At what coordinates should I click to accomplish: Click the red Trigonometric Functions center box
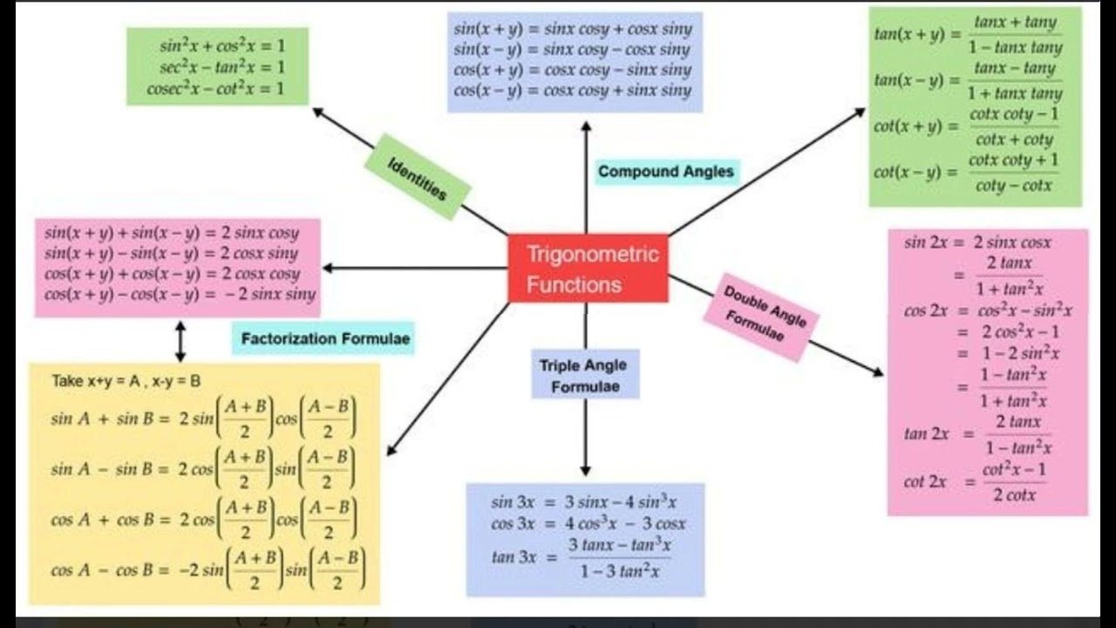588,269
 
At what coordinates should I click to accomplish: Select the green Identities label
418,178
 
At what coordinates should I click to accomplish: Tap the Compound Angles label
666,171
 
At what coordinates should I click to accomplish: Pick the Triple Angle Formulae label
582,375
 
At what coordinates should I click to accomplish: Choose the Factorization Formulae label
324,338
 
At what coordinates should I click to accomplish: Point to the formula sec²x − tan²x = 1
222,67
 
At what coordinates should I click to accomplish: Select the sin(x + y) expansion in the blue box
573,29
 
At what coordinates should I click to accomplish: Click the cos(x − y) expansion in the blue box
573,91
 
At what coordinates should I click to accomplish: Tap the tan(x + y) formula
969,36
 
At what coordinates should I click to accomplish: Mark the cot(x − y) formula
967,173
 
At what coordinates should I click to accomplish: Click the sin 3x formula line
584,502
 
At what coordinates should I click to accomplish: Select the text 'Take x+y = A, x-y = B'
126,380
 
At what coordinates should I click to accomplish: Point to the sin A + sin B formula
204,418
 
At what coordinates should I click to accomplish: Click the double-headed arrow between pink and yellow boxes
180,341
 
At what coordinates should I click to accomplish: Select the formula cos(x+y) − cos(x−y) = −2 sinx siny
180,295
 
